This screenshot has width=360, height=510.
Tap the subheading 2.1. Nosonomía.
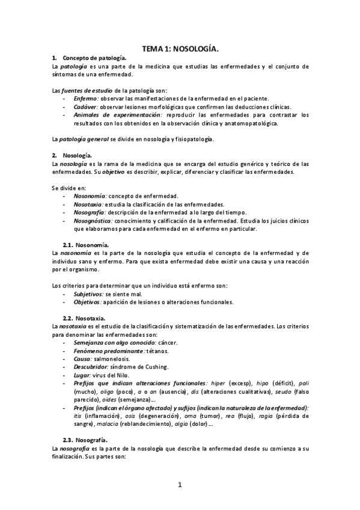85,245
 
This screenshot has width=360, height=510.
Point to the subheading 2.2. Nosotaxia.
85,318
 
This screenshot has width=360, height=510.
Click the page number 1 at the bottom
180,485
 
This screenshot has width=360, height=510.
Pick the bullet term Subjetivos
88,293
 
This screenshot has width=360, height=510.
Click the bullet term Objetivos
87,302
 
